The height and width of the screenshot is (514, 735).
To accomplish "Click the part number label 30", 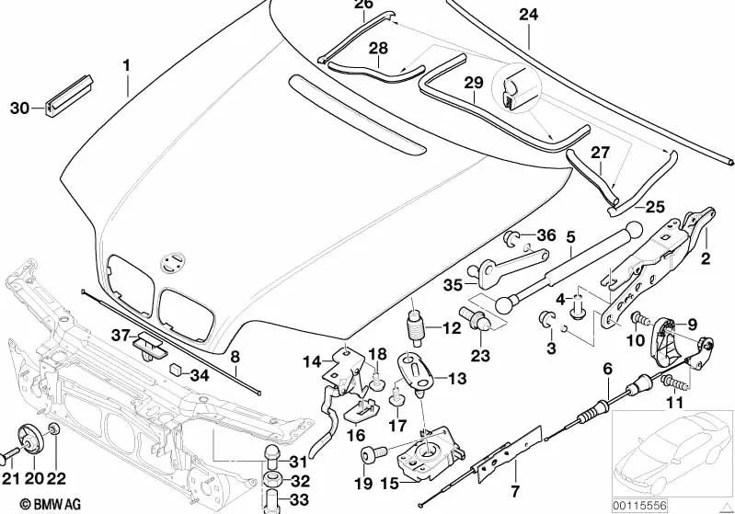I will pos(19,109).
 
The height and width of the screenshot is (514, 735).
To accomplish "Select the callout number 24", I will pos(529,15).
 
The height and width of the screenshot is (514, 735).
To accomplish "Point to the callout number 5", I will pos(569,237).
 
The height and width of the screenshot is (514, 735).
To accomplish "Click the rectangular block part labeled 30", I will pos(67,94).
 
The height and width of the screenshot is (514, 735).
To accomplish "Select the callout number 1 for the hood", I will pos(127,65).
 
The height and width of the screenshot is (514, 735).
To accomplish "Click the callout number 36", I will pos(546,235).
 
